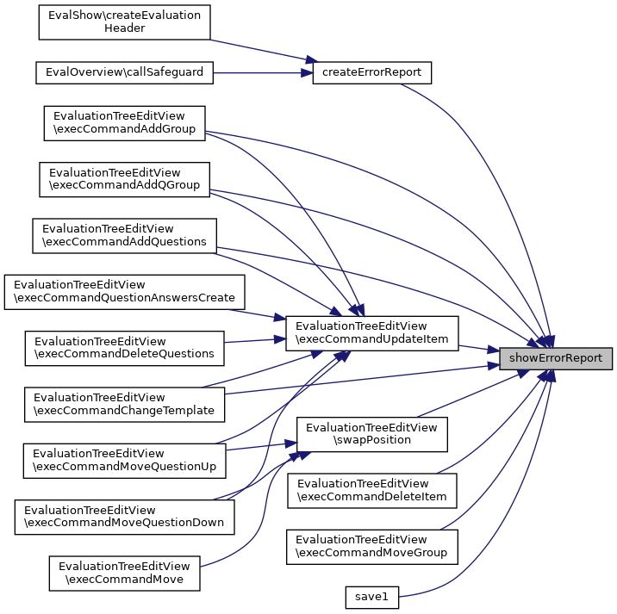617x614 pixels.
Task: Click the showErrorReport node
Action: tap(557, 357)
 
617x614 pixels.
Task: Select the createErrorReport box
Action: tap(371, 72)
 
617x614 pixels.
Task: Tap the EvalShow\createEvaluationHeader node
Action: tap(125, 22)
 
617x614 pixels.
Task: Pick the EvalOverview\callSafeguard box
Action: tap(124, 72)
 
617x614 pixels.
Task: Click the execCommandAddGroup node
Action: tap(125, 123)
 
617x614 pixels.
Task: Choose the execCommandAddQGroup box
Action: tap(125, 178)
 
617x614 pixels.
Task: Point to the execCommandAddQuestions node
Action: tap(124, 235)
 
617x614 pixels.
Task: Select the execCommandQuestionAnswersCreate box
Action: tap(125, 292)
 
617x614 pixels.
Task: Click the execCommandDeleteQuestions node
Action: tap(124, 347)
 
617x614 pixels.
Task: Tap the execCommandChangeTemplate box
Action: tap(124, 404)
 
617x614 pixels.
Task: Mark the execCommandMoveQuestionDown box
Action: tap(125, 516)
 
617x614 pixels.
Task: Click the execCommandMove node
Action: tap(125, 573)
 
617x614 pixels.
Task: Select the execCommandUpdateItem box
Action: tap(372, 332)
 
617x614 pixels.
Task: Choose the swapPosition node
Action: tap(372, 433)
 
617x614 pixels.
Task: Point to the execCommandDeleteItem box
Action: tap(372, 490)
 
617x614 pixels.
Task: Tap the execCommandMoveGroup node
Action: tap(372, 546)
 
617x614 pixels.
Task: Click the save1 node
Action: tap(372, 596)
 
